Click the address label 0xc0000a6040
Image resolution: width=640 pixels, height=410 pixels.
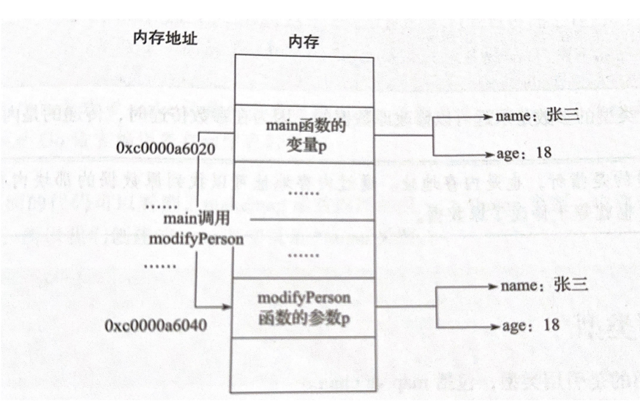pos(151,323)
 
